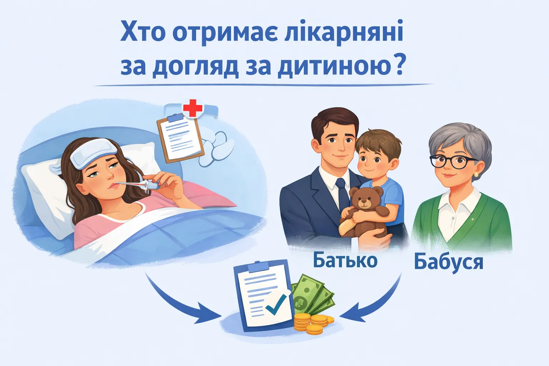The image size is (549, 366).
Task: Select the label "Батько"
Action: (345, 261)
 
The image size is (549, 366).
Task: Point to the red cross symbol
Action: (193, 108)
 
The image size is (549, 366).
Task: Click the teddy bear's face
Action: (363, 201)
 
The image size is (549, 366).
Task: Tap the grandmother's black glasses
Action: (454, 162)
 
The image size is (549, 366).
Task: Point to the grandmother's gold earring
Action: (476, 174)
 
